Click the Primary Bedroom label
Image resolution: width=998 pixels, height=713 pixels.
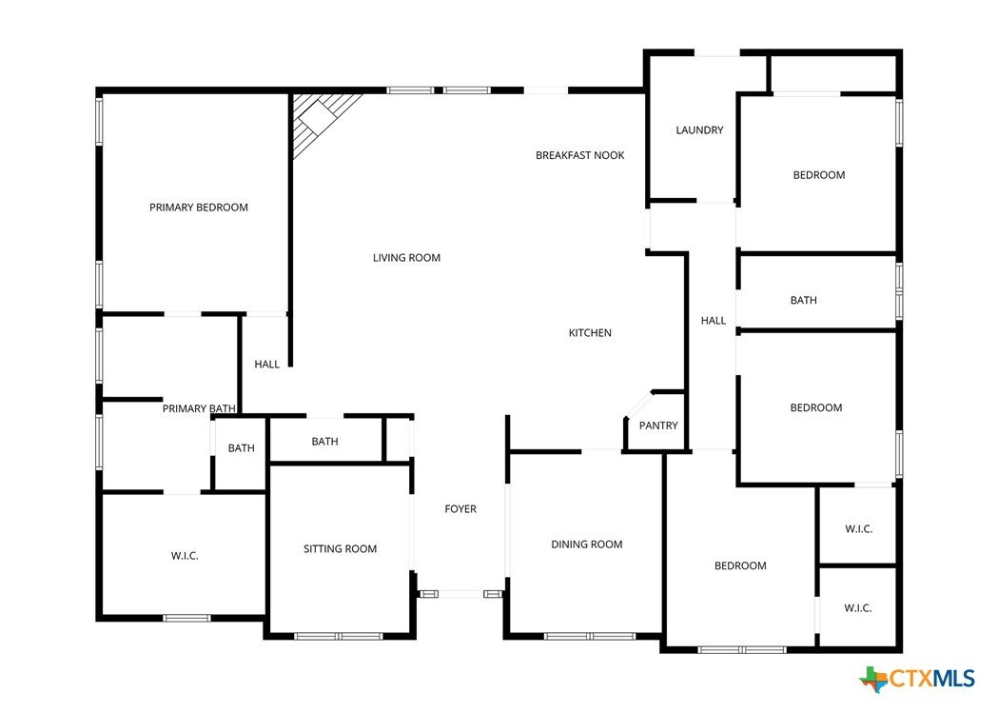199,208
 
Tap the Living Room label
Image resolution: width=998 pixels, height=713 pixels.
406,258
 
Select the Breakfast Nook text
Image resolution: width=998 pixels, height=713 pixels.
579,155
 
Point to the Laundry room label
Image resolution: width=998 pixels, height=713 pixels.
699,129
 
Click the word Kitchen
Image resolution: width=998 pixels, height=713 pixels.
590,333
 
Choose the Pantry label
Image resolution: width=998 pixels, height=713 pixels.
658,426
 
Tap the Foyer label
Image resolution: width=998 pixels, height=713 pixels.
460,508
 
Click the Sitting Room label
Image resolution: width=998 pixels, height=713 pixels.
340,548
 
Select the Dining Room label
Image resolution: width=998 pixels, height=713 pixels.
587,545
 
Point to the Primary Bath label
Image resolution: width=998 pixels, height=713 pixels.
199,408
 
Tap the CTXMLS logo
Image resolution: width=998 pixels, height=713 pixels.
917,679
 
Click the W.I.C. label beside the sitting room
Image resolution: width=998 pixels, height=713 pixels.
185,556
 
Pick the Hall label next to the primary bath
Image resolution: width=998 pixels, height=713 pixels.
266,365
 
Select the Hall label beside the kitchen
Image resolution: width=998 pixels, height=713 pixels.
714,320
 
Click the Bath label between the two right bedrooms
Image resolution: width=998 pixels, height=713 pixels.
803,300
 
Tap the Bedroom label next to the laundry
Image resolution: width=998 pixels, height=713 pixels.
819,175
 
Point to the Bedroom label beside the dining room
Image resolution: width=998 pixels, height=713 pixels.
740,565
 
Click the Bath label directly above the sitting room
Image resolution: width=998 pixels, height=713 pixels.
324,441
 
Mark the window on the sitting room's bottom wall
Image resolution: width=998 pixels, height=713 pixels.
339,636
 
